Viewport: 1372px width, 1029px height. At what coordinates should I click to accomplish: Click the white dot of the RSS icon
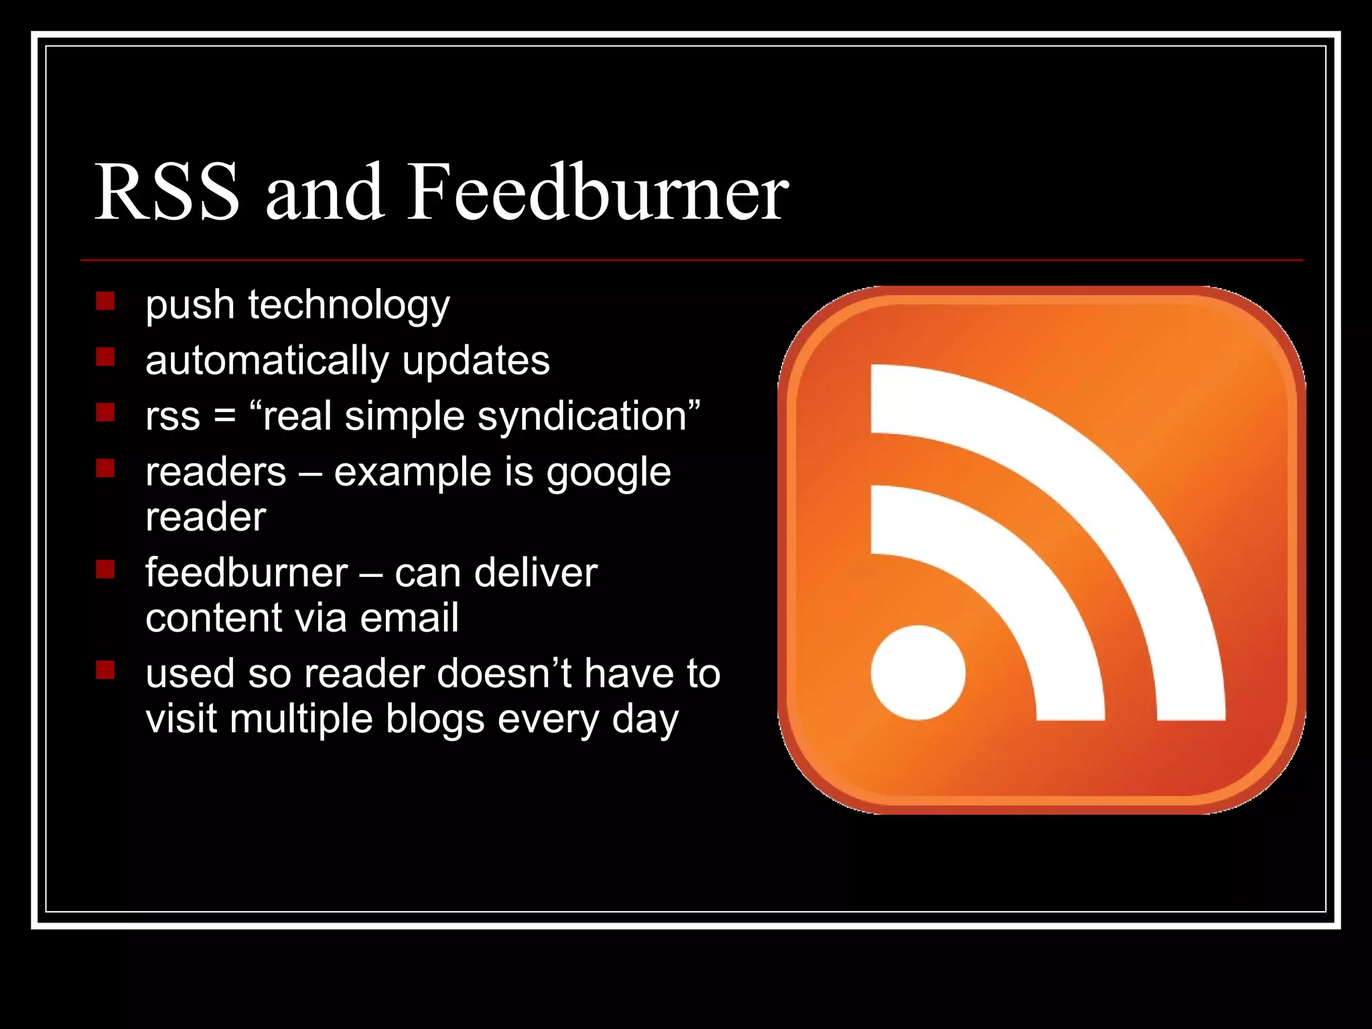(918, 673)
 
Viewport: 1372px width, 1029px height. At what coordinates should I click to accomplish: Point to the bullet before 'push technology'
(105, 300)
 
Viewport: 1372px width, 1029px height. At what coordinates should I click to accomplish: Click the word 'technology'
(349, 305)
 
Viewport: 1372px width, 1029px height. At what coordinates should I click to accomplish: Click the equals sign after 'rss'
(224, 417)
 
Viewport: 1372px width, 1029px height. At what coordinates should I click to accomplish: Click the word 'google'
(608, 473)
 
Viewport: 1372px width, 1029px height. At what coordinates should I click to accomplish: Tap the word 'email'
(409, 617)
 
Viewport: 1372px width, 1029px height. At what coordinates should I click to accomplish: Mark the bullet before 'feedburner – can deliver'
(105, 569)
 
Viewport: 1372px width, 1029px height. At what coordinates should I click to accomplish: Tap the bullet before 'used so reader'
(105, 669)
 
